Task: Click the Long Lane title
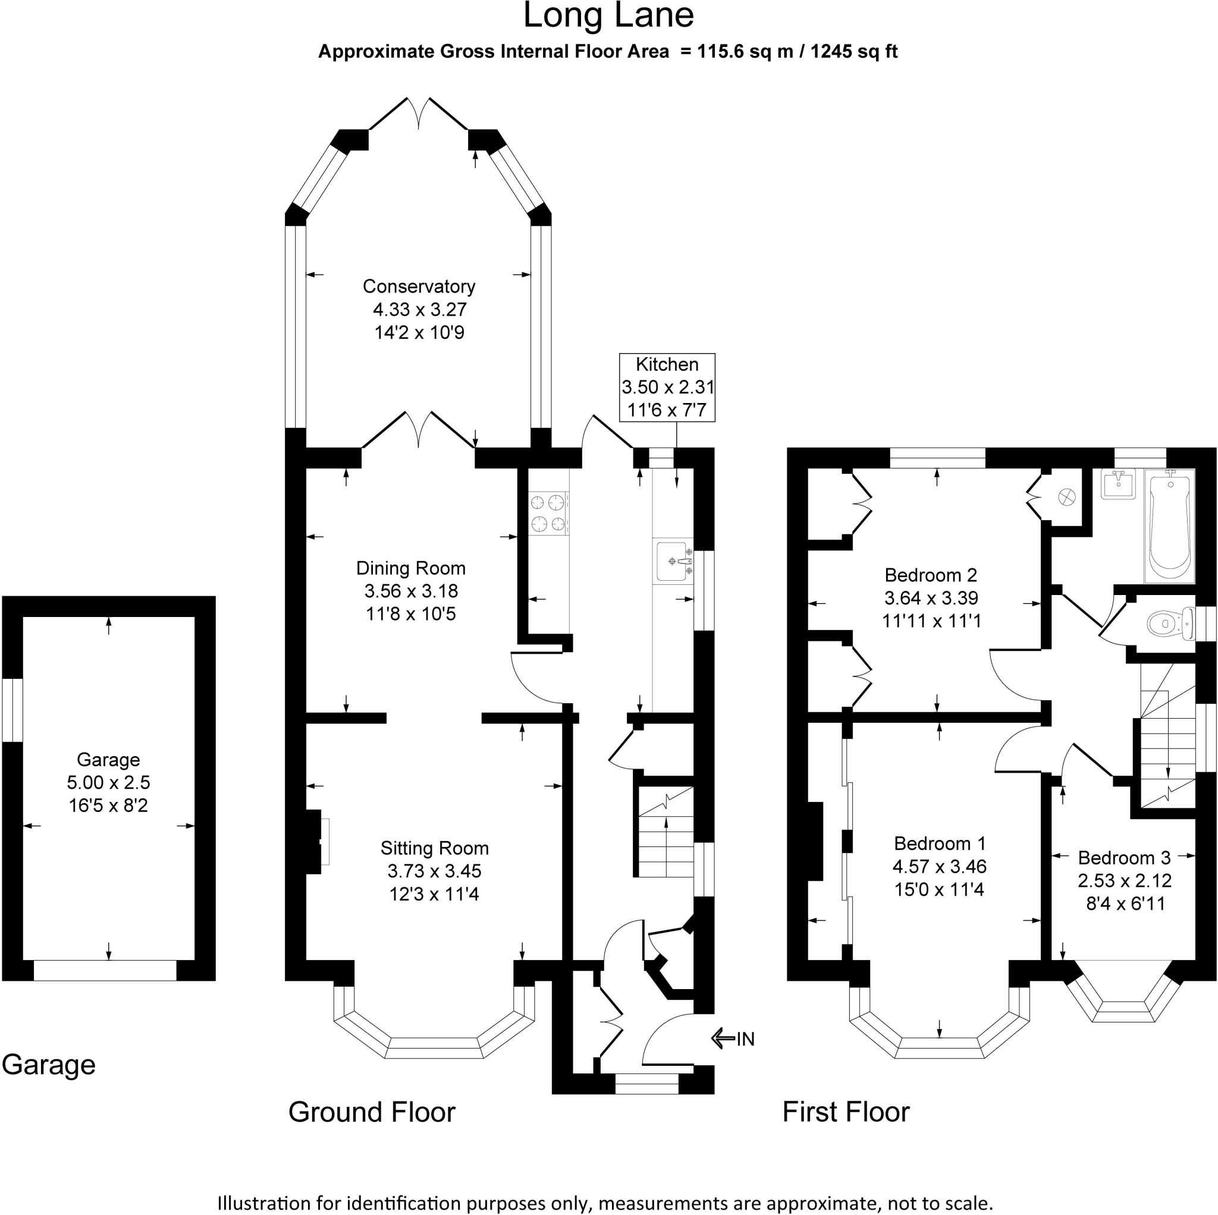(608, 16)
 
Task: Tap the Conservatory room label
(419, 286)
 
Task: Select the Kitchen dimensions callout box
(667, 387)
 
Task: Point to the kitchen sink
(673, 560)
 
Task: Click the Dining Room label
(411, 568)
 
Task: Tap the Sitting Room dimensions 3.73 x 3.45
(434, 871)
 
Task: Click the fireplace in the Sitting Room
(317, 842)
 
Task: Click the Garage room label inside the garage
(108, 760)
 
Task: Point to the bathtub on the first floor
(1170, 527)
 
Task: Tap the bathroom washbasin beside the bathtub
(1117, 484)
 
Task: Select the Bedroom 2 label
(931, 575)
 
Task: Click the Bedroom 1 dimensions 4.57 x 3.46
(939, 866)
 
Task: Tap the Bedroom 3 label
(1125, 858)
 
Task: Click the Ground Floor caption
(372, 1112)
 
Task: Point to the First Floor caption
(846, 1112)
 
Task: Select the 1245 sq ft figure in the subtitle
(854, 51)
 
